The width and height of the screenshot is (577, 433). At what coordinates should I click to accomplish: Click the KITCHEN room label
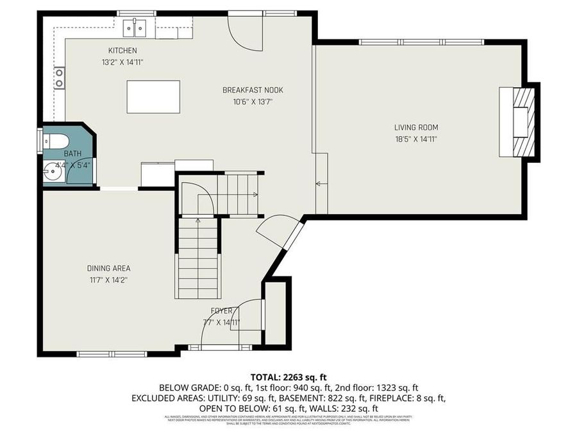(122, 51)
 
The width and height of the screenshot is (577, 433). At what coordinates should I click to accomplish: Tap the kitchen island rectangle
(153, 97)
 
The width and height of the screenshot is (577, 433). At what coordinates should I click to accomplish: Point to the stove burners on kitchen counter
(59, 78)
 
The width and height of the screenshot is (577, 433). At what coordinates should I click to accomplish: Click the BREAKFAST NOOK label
(253, 90)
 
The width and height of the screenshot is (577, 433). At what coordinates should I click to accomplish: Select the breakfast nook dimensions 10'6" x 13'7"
(253, 101)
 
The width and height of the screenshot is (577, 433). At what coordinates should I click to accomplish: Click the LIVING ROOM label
(416, 128)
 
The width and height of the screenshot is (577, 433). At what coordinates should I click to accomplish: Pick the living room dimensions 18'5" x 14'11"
(416, 139)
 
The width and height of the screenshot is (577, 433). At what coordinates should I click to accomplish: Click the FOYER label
(222, 311)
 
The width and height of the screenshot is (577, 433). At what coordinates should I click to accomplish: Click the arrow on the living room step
(319, 184)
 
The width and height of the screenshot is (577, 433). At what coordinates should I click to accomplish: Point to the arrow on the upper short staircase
(255, 194)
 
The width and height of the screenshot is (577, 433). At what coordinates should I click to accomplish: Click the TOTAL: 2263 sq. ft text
(288, 377)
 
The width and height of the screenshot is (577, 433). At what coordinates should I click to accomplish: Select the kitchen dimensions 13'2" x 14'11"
(122, 62)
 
